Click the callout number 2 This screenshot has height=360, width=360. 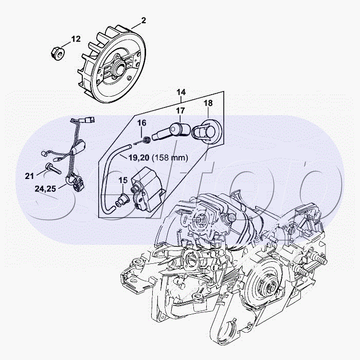tap(143, 21)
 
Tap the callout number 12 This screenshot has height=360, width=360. tap(76, 39)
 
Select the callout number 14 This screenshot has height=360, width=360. tap(181, 92)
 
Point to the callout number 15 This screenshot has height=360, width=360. tap(123, 180)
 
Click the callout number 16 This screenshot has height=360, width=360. tap(141, 123)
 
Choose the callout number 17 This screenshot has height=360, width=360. tap(181, 111)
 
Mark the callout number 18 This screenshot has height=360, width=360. tap(208, 103)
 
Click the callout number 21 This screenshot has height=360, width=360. tap(29, 176)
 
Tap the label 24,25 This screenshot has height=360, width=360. tap(45, 189)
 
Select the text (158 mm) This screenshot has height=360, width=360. tap(170, 157)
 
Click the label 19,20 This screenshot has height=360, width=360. tap(139, 157)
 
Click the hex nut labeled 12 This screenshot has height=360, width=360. tap(58, 53)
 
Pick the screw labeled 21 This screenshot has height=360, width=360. tap(53, 169)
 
